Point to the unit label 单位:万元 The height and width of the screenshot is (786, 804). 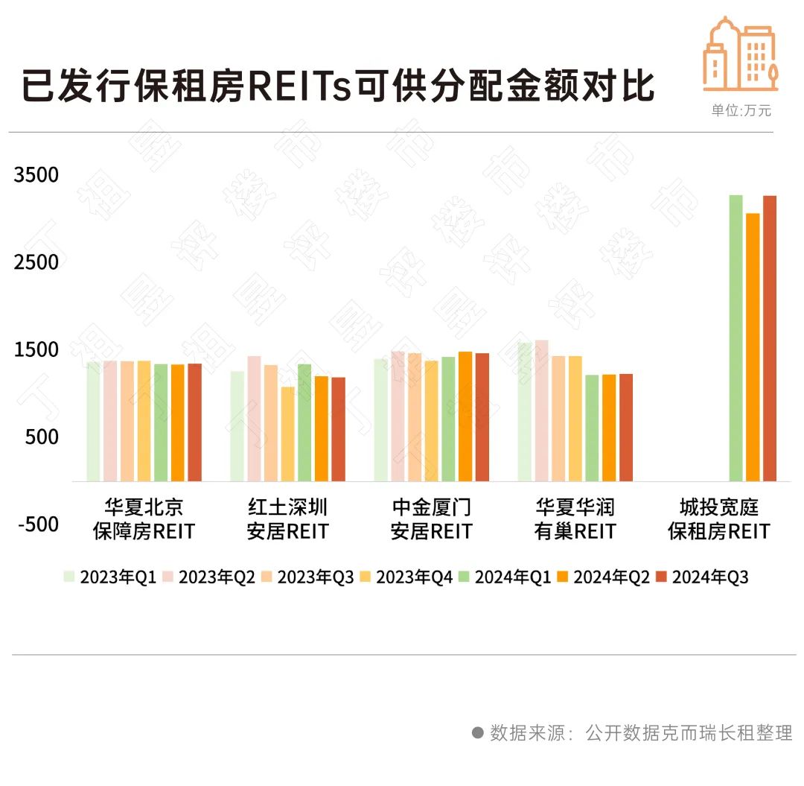[x=741, y=111]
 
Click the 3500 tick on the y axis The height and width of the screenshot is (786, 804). [x=36, y=175]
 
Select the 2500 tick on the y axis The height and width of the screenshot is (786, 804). [x=36, y=262]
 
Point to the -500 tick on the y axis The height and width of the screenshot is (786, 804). [x=38, y=524]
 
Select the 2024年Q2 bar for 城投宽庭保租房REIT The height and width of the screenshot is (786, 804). [x=753, y=347]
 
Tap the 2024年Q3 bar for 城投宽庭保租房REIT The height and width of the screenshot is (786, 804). [x=770, y=338]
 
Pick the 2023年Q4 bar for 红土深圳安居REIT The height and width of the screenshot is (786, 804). [x=287, y=434]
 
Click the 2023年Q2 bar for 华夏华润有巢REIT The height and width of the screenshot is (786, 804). [x=541, y=411]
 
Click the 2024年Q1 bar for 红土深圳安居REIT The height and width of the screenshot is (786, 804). [x=304, y=422]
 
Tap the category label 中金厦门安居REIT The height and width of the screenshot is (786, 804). [x=432, y=519]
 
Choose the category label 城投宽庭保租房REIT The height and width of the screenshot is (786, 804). [x=718, y=519]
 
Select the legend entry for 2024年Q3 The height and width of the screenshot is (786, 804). [x=702, y=577]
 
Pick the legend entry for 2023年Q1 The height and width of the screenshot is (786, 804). [x=109, y=577]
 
